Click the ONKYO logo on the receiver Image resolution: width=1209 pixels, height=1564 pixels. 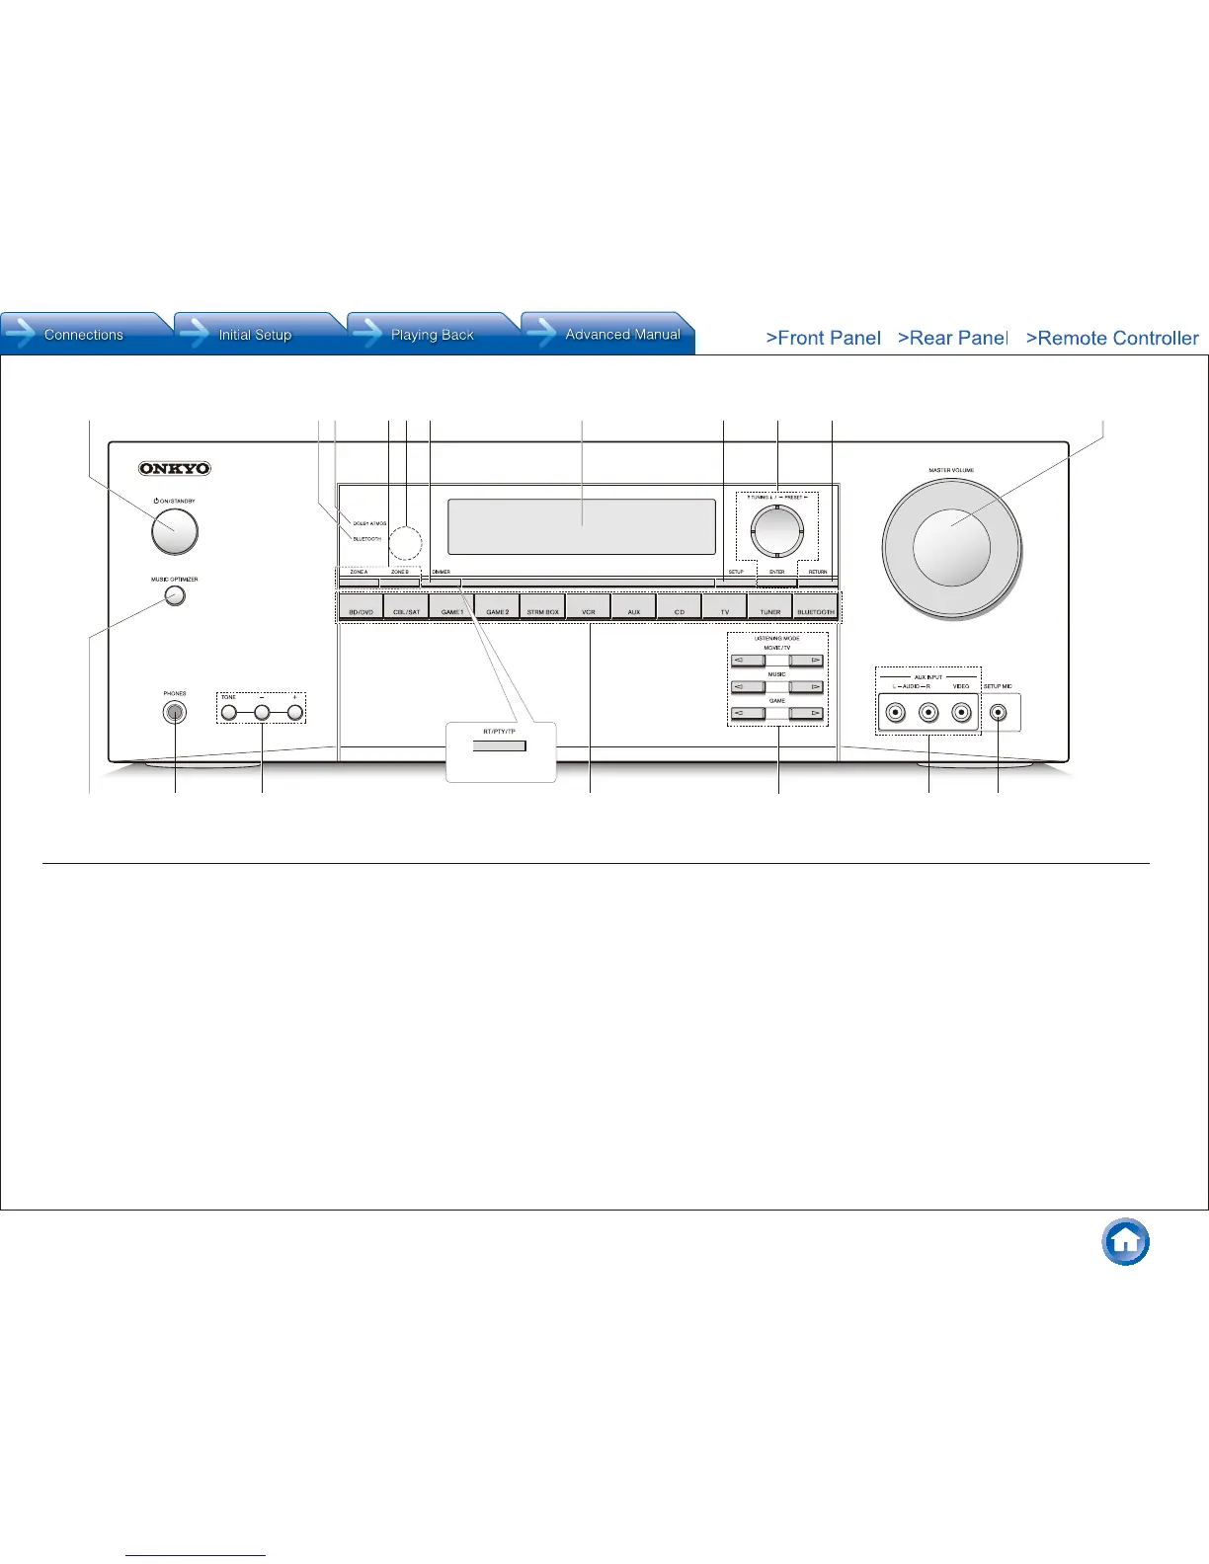click(175, 469)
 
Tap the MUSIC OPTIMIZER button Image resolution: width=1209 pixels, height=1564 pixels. click(175, 595)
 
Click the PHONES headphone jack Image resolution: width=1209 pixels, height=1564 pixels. click(175, 712)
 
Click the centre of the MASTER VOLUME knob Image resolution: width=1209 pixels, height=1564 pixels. click(951, 547)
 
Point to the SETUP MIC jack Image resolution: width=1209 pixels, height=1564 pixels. click(999, 712)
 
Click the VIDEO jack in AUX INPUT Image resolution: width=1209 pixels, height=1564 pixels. click(961, 712)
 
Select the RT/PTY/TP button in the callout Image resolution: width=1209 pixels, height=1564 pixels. click(500, 746)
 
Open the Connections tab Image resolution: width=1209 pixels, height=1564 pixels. click(84, 335)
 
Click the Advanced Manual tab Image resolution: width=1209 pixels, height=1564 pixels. click(621, 335)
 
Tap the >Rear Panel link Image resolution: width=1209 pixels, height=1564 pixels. click(952, 338)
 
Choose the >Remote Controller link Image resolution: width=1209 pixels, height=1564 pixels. click(1112, 338)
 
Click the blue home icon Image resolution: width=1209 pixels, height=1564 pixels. click(1126, 1242)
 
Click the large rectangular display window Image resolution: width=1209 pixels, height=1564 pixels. click(582, 526)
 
